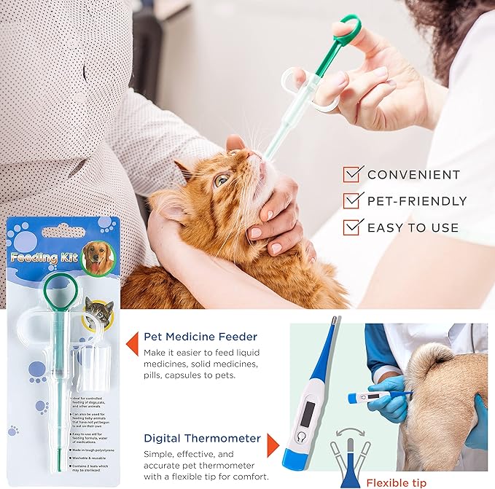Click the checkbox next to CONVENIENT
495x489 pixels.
(x=353, y=175)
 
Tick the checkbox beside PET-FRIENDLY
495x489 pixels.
(x=353, y=201)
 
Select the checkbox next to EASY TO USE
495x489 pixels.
(x=353, y=227)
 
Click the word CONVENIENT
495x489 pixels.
(x=413, y=175)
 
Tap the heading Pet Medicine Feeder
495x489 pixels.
(x=200, y=337)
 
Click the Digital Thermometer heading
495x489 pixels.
(x=202, y=438)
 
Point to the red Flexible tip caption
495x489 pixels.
(x=397, y=482)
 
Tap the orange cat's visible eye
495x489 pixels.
(x=220, y=179)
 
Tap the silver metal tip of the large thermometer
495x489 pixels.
(x=334, y=321)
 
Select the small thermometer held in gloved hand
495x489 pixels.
(x=378, y=396)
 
